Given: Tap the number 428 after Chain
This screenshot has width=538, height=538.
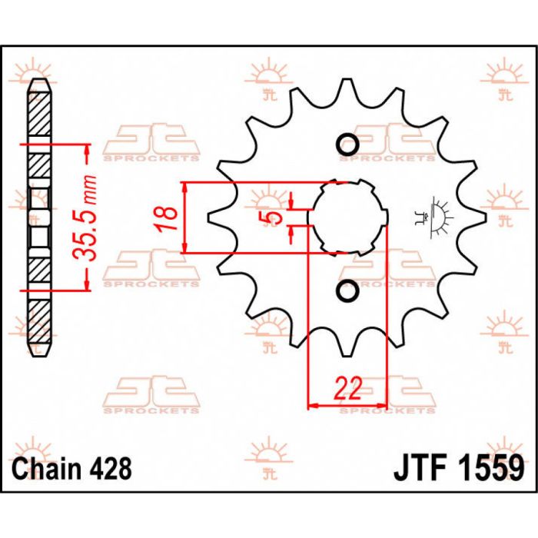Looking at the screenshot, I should (x=111, y=468).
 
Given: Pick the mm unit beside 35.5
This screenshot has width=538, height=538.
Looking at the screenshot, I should (x=88, y=185).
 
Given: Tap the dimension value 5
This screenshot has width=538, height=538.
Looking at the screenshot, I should (x=268, y=218).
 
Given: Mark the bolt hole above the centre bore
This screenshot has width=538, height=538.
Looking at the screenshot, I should (x=347, y=144).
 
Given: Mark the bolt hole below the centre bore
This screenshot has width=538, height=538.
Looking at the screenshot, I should (x=347, y=291).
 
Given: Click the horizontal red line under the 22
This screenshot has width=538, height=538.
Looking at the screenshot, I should (x=347, y=405).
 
